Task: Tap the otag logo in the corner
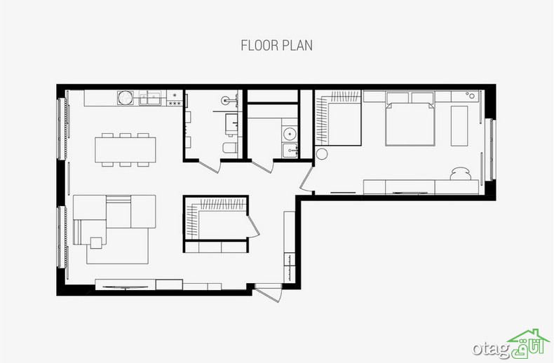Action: click(x=511, y=344)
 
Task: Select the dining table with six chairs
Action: click(x=126, y=150)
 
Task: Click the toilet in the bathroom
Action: click(x=229, y=148)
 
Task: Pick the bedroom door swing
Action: click(x=306, y=179)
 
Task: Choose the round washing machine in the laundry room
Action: click(x=290, y=134)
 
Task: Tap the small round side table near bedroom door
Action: click(x=322, y=154)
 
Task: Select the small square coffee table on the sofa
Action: click(x=96, y=242)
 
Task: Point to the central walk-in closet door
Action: click(x=253, y=226)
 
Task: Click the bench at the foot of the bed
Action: click(x=459, y=125)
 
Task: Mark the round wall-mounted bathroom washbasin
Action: click(x=226, y=100)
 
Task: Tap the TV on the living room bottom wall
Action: click(x=125, y=287)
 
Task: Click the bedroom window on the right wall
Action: click(x=491, y=150)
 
